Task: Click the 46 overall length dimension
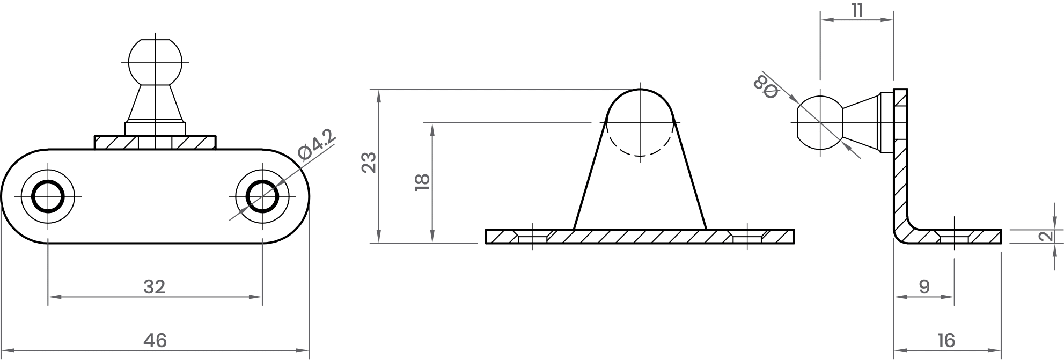[155, 340]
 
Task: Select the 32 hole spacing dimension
[155, 287]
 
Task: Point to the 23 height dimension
[369, 163]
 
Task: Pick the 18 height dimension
[422, 182]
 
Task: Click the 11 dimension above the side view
[857, 11]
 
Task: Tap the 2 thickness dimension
[1044, 237]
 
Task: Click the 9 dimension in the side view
[924, 287]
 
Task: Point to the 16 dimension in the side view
[946, 340]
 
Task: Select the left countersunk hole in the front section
[532, 237]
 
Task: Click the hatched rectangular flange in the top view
[156, 142]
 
